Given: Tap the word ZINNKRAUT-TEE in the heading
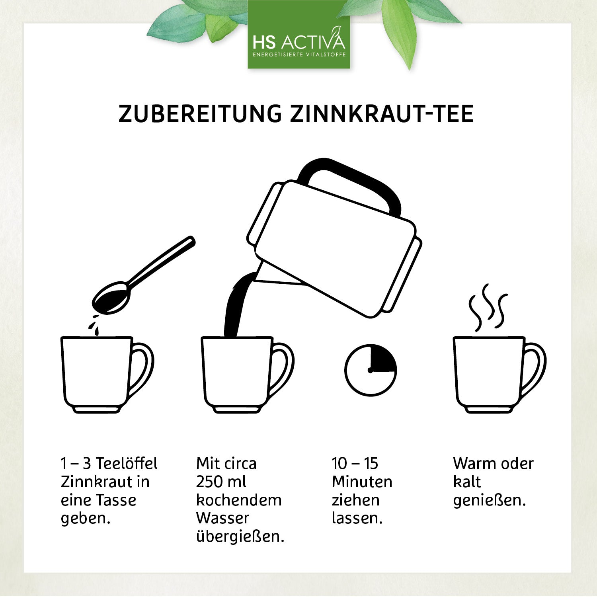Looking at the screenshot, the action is [382, 114].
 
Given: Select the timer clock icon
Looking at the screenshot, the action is [371, 370].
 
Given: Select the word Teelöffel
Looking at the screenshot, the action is [127, 464].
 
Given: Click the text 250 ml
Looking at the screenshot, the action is [221, 482].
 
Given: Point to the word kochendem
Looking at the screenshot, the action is [239, 500].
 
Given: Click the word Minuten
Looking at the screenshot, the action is [362, 482].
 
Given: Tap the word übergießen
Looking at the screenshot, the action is [240, 537].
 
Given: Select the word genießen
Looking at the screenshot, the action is [489, 500].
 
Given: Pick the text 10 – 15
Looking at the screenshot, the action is [355, 464].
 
